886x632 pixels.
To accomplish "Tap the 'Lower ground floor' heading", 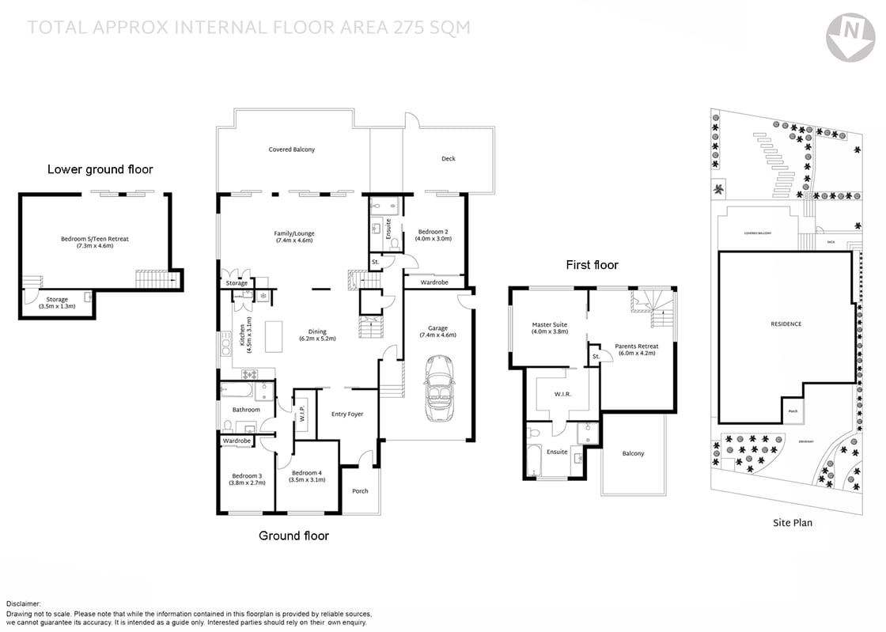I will [x=100, y=169].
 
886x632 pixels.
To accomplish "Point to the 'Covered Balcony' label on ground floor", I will [x=291, y=149].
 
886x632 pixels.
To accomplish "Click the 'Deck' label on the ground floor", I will [x=449, y=158].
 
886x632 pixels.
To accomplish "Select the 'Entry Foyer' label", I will [x=347, y=414].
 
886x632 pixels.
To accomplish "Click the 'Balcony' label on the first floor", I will [x=633, y=453].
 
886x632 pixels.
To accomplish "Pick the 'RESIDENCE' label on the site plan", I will [x=786, y=324].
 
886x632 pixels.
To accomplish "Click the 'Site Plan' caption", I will [x=792, y=522].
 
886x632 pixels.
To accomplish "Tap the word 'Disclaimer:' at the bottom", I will [x=24, y=604].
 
